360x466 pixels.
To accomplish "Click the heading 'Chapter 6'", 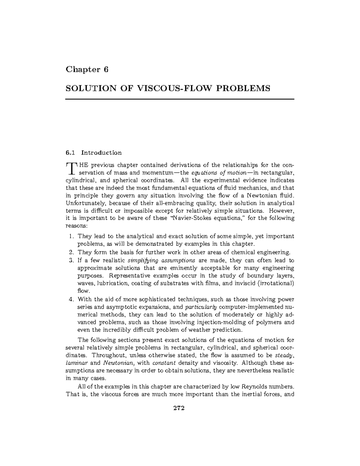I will [x=87, y=70].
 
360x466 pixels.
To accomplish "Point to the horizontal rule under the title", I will [x=180, y=99].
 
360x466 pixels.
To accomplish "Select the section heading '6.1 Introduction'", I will [x=94, y=153].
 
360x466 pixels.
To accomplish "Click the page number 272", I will [x=179, y=408].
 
